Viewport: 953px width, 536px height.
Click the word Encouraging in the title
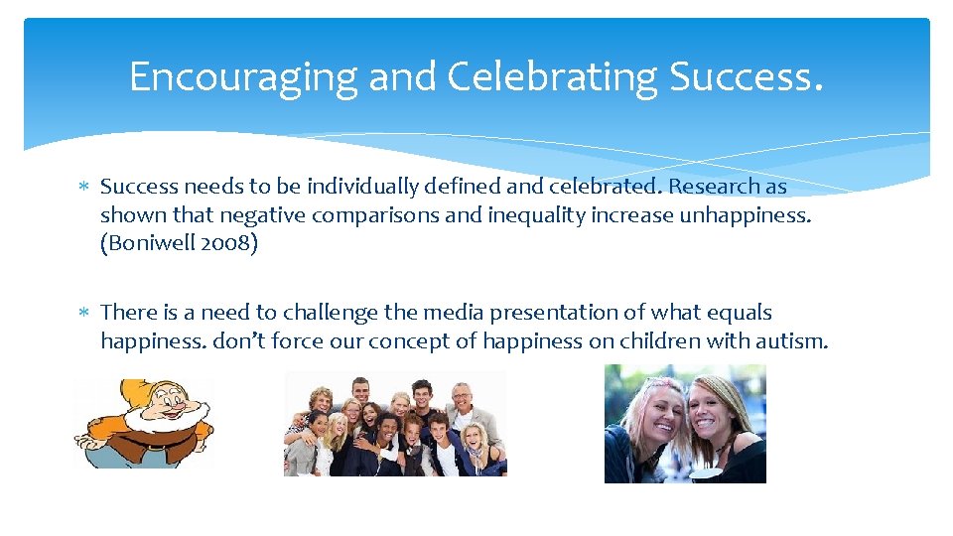(x=243, y=76)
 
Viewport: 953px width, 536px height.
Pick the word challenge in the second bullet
(x=333, y=313)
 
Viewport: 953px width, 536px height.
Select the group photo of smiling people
(x=395, y=424)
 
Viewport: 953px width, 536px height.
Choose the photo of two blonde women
(x=685, y=424)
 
